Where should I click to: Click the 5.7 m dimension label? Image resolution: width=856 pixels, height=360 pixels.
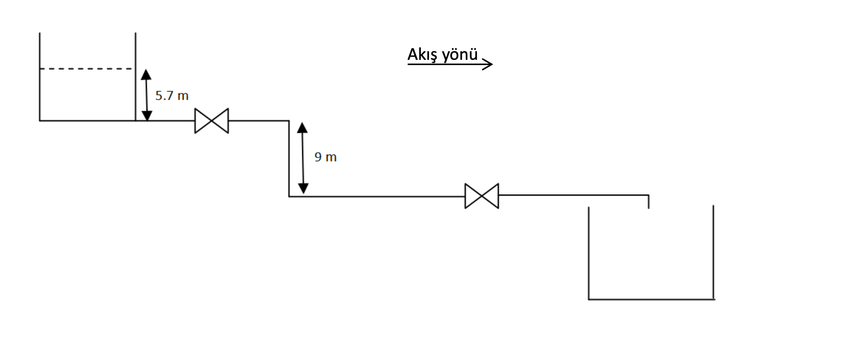click(172, 96)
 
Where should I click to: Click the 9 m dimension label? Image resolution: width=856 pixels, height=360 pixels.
click(326, 157)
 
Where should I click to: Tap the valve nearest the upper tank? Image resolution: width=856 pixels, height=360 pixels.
click(212, 121)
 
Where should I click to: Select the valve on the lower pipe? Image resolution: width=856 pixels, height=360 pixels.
click(482, 196)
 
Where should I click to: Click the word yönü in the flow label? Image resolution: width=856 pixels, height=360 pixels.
click(460, 55)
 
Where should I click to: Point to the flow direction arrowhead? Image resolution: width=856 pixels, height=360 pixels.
click(488, 64)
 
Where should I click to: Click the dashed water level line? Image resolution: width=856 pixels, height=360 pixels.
click(86, 69)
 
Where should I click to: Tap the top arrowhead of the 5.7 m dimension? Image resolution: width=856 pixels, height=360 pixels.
click(146, 74)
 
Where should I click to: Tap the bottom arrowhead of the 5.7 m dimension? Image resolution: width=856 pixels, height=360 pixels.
click(146, 115)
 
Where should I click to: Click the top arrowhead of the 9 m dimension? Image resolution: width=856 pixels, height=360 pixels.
click(303, 127)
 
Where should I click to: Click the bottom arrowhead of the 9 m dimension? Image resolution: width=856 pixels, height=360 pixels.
click(303, 189)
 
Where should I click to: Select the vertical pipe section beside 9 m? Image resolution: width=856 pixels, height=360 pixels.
click(289, 158)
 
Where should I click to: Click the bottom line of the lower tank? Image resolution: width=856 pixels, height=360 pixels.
click(651, 299)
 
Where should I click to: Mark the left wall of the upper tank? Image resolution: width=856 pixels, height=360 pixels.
click(40, 77)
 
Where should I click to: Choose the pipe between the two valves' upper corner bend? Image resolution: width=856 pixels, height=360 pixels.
click(289, 121)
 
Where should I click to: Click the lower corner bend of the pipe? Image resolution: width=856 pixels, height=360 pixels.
click(289, 196)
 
